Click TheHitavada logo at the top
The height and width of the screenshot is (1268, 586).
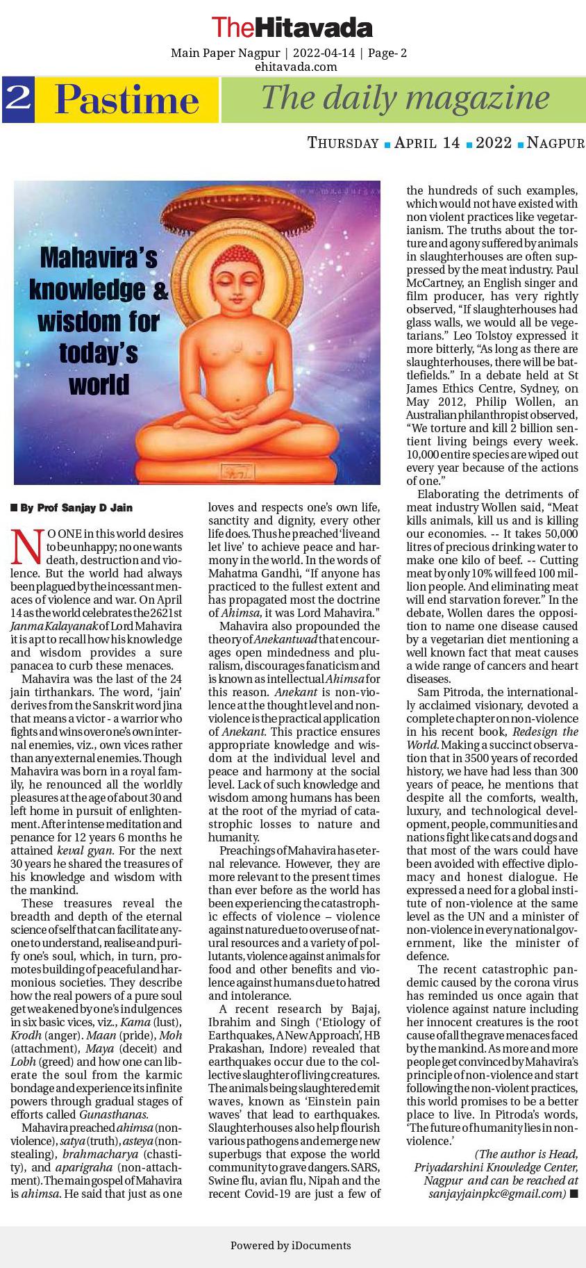[x=292, y=28]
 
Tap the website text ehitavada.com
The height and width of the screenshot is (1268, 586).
[x=296, y=67]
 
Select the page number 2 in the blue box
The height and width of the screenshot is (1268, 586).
[x=18, y=99]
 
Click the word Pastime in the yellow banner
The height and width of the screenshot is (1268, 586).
[x=127, y=100]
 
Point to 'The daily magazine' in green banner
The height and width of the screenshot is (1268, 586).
[x=405, y=98]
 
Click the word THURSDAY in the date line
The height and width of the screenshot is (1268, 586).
[x=343, y=143]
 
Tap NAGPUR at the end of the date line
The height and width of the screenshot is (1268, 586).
[x=555, y=143]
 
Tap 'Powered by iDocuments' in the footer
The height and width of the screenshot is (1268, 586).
[x=290, y=1245]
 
